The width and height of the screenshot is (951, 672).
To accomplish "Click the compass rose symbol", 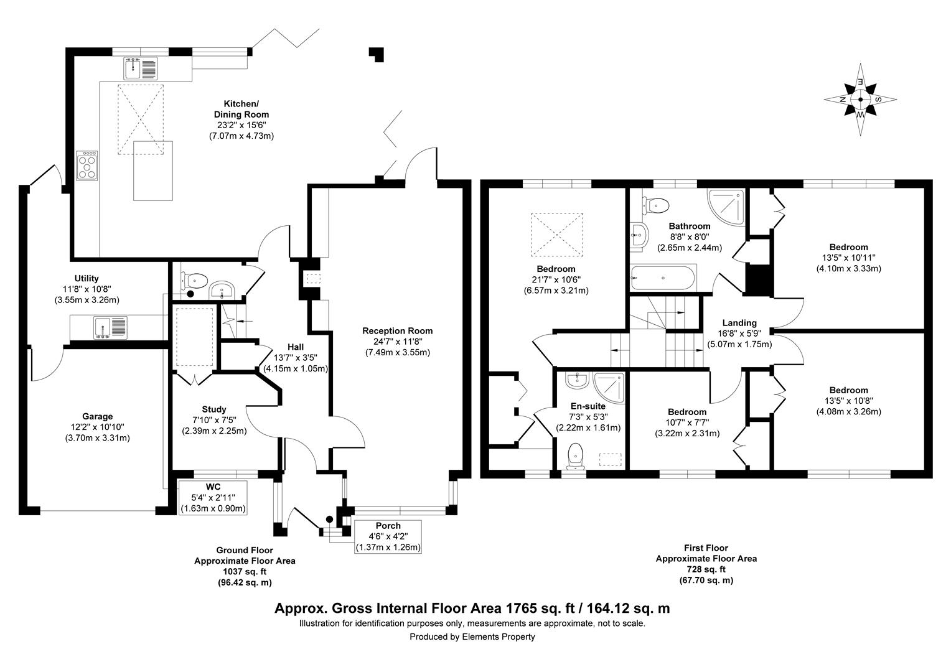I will tap(861, 99).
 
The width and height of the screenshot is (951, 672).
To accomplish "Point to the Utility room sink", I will tap(110, 327).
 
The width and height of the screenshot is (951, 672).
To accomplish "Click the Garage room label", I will tap(98, 416).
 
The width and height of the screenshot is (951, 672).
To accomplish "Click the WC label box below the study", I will tap(213, 497).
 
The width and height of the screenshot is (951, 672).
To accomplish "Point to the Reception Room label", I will tap(397, 330).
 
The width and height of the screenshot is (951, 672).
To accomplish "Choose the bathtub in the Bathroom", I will tap(663, 278).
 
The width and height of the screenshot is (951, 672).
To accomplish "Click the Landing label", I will tap(739, 322).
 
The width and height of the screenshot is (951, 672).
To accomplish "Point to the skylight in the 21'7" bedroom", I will tap(556, 234).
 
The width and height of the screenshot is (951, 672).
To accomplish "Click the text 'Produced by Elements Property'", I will tap(472, 637).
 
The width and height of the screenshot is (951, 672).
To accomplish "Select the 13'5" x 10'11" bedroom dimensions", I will tap(848, 258).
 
